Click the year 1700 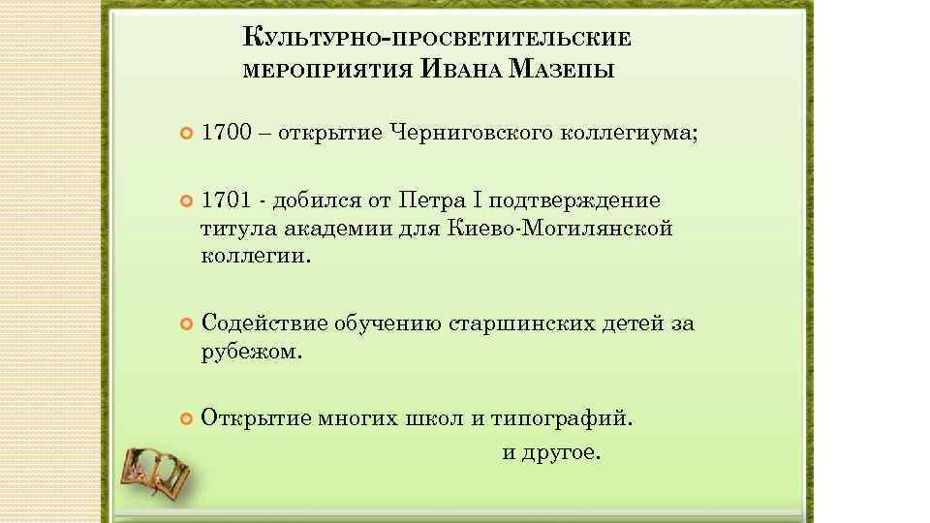pyautogui.click(x=225, y=131)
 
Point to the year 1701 pyautogui.click(x=225, y=200)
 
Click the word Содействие pyautogui.click(x=263, y=323)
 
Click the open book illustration pyautogui.click(x=155, y=472)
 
